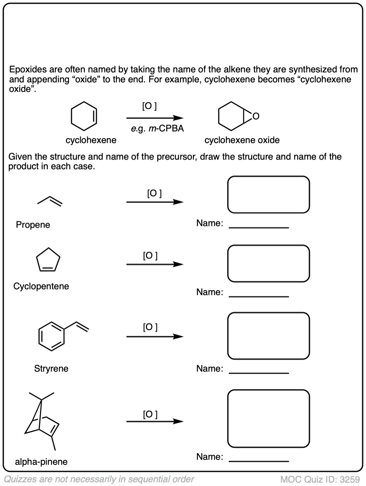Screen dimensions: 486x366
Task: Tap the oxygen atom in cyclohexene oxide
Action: pos(256,117)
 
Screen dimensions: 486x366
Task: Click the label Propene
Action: pos(33,225)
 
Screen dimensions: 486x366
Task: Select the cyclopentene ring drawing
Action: pos(48,261)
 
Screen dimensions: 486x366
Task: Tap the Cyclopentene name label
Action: pos(41,286)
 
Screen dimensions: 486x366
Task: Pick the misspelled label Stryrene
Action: pos(51,369)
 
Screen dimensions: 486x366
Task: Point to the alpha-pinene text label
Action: pos(41,461)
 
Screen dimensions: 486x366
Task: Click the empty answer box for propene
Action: pos(268,195)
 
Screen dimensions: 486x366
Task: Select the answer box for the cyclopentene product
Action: pos(268,263)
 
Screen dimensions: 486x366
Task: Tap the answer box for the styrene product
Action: pos(268,335)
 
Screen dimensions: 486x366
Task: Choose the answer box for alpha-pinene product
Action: pos(268,419)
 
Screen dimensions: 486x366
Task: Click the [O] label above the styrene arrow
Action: pos(150,327)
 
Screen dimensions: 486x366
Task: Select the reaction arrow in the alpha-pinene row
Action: pos(155,422)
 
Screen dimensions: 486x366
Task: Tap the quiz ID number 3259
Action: pos(349,479)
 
